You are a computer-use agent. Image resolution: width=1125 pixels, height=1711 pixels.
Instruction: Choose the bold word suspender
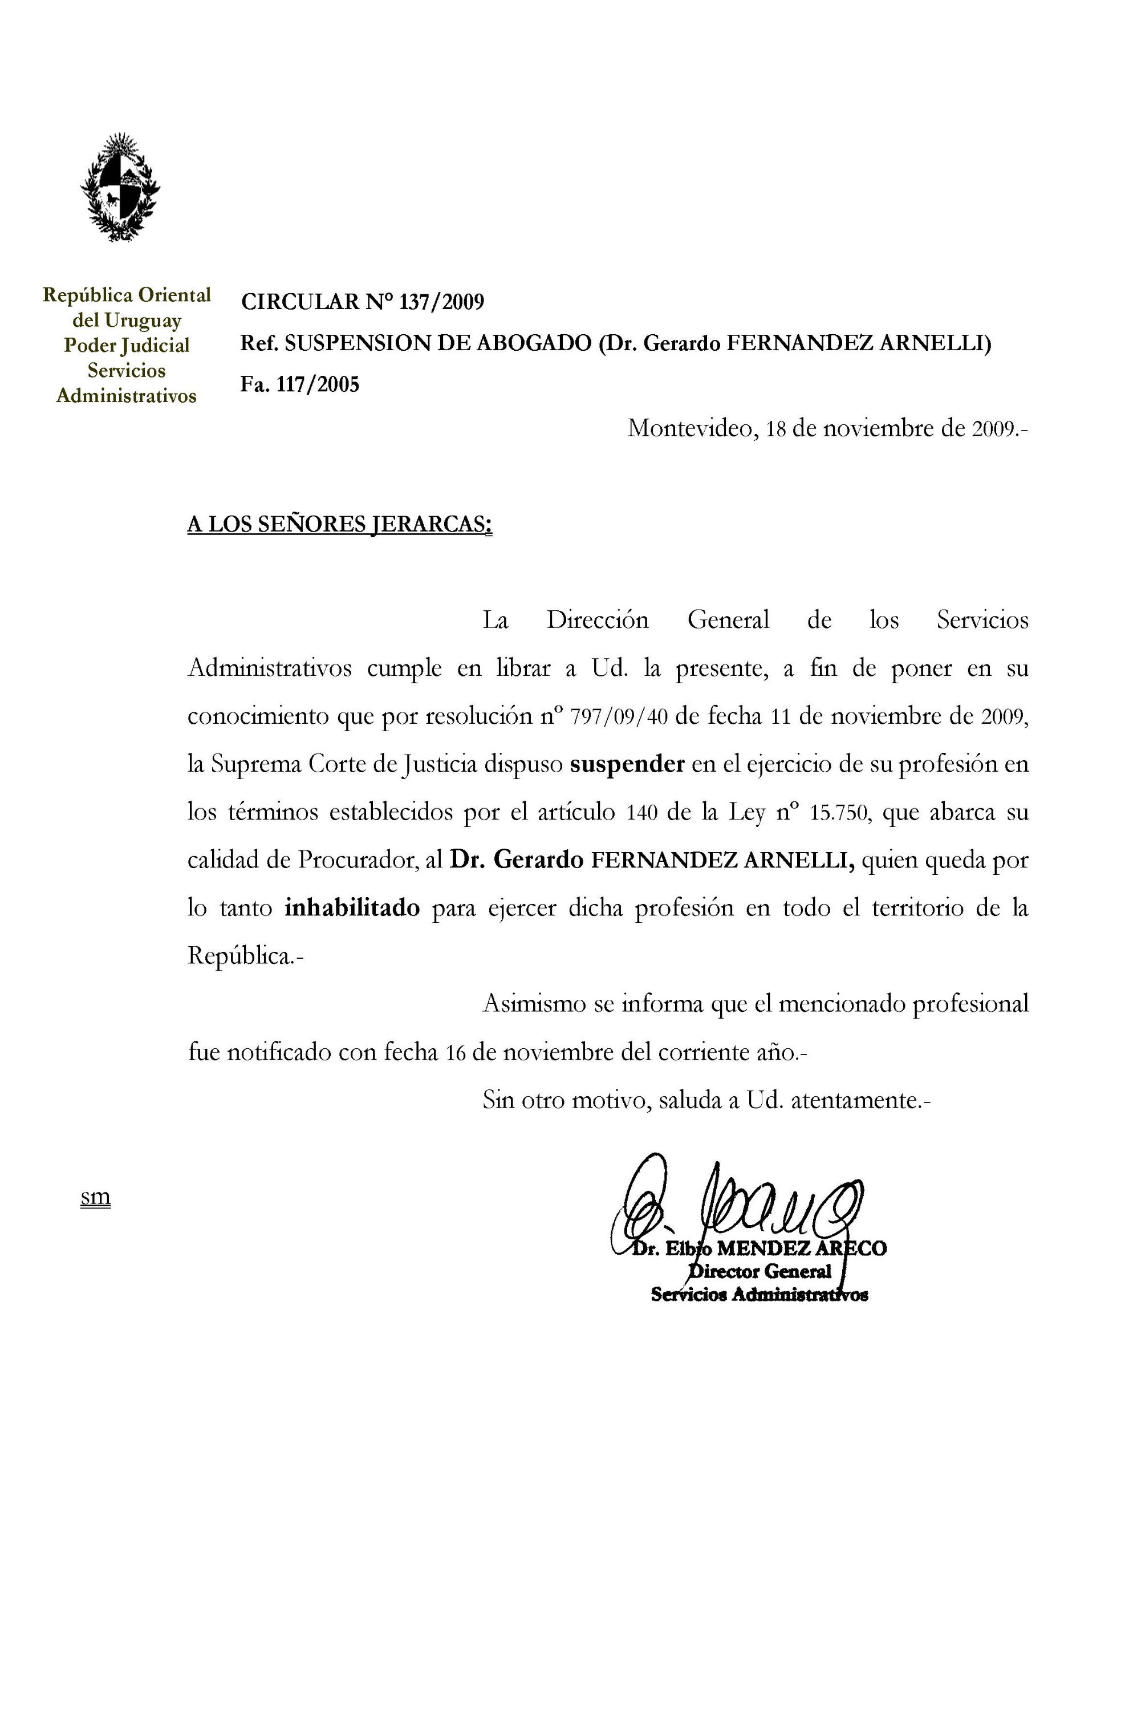coord(626,764)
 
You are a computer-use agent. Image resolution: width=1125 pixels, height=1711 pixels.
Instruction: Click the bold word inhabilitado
coord(352,908)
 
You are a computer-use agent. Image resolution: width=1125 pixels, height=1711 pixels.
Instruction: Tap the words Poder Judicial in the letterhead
coord(127,345)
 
